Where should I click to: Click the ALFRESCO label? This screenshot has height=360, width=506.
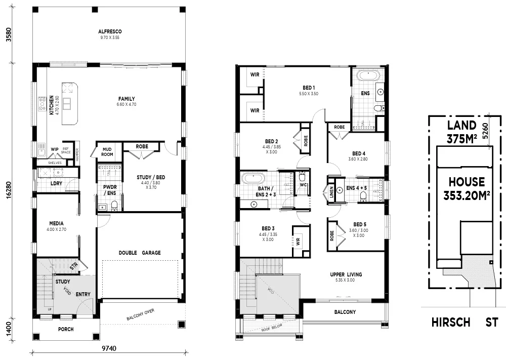[x=110, y=31]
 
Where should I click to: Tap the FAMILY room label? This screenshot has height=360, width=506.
[x=126, y=99]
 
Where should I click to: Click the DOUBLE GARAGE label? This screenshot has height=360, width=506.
[x=140, y=252]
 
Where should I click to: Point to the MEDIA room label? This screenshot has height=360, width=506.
[x=56, y=223]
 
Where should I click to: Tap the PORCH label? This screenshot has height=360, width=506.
[x=65, y=329]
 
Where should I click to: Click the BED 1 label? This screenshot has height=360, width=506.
[x=308, y=88]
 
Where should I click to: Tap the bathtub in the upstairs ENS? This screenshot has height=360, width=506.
[x=367, y=77]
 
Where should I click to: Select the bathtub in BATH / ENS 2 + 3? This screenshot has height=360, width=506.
[x=251, y=179]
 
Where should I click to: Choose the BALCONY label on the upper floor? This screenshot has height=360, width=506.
[x=345, y=312]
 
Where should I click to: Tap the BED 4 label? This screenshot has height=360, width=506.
[x=359, y=153]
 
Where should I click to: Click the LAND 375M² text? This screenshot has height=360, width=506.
[x=461, y=132]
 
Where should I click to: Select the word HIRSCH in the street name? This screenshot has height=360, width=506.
[x=451, y=322]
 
